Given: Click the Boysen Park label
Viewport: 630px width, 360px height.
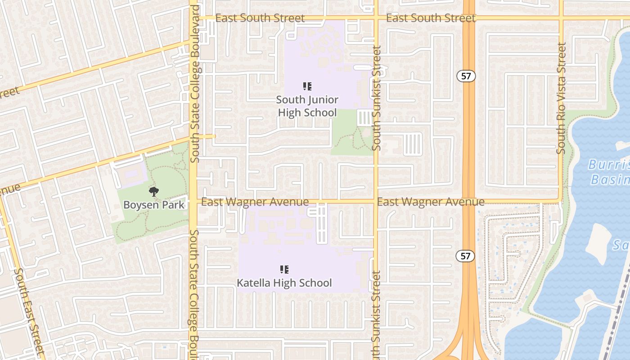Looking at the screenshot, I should [154, 205].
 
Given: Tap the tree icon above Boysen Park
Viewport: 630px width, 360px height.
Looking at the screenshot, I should [154, 192].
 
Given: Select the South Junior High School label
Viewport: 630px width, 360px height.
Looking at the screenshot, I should [307, 106].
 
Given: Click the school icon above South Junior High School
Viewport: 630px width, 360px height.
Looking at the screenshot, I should [307, 86].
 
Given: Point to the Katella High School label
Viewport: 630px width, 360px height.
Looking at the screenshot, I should [284, 283].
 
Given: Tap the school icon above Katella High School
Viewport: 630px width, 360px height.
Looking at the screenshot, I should [284, 270].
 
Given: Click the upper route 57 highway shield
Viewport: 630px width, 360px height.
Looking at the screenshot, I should [466, 76].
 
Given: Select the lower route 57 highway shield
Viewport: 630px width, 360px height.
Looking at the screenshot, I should [465, 256].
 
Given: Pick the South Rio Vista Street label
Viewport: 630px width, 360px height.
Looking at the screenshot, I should [561, 98].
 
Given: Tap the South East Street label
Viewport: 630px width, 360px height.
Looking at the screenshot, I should [29, 310].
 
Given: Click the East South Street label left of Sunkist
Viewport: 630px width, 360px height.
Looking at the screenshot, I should [260, 18].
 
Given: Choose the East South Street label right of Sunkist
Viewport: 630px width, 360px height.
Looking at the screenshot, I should [431, 18].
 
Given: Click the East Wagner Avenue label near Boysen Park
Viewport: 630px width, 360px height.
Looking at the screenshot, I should [255, 202].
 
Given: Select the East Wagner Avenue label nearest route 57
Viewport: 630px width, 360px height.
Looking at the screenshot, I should [431, 202].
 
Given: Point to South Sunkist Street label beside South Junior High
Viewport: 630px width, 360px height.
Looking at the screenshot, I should [377, 98].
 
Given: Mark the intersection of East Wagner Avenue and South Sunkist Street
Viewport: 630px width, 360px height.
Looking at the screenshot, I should [376, 201].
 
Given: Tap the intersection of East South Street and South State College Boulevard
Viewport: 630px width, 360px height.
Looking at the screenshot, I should [193, 18].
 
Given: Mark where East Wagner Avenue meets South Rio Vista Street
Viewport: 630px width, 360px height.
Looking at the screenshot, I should [560, 201].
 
